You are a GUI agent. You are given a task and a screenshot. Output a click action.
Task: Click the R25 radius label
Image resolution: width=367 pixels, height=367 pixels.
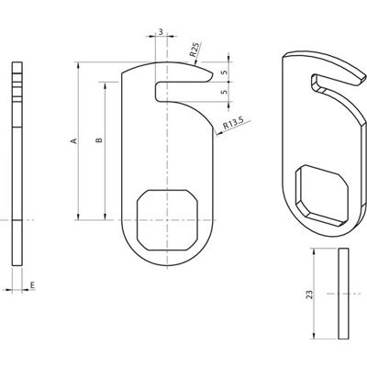point(195,50)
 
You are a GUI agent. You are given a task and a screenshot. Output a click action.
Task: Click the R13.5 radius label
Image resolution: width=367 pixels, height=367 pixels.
point(233,123)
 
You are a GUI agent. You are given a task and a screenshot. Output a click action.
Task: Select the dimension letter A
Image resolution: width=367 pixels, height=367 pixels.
point(73,140)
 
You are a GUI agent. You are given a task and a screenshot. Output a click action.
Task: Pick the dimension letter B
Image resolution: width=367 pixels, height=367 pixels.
point(99,140)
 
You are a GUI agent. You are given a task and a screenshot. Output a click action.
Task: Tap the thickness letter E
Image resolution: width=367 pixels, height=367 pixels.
point(32,285)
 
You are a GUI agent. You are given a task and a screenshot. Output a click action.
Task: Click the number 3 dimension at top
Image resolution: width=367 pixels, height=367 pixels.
point(161,31)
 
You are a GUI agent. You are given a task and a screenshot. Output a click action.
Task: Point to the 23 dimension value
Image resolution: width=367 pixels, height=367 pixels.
point(310,295)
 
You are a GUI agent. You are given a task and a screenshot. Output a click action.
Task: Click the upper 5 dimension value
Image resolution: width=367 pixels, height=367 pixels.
point(225,72)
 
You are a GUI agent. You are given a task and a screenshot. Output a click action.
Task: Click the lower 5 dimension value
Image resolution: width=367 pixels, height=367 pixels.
point(225,92)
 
